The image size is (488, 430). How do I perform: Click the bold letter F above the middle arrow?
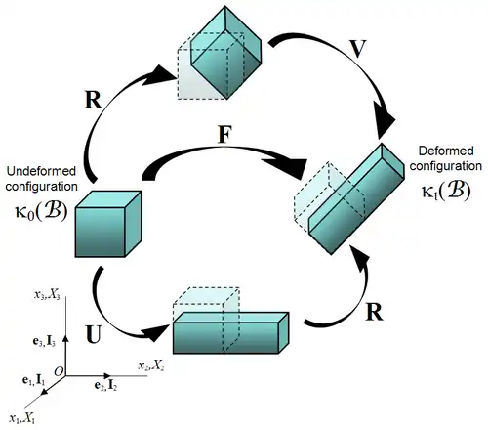[224, 134]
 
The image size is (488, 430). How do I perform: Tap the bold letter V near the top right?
[357, 49]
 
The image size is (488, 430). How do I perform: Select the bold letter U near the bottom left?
[94, 334]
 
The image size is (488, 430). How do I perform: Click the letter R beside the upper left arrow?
[93, 100]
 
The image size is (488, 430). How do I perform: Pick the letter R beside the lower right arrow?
[374, 312]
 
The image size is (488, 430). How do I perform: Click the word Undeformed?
[41, 171]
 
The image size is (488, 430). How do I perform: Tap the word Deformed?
[446, 150]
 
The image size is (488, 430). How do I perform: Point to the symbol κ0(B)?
[41, 211]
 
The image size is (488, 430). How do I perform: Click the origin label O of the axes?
[59, 371]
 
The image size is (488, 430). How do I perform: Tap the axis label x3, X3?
[47, 295]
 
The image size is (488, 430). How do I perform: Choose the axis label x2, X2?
[151, 365]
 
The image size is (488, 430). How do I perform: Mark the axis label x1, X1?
[22, 418]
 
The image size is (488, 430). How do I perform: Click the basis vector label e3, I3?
[44, 341]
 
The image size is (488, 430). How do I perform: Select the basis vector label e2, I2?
[105, 386]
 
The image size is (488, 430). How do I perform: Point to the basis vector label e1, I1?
[33, 380]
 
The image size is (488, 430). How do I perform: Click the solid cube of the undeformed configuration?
[108, 224]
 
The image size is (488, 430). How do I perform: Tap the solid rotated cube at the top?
[225, 52]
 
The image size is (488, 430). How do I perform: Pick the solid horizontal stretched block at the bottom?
[230, 333]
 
